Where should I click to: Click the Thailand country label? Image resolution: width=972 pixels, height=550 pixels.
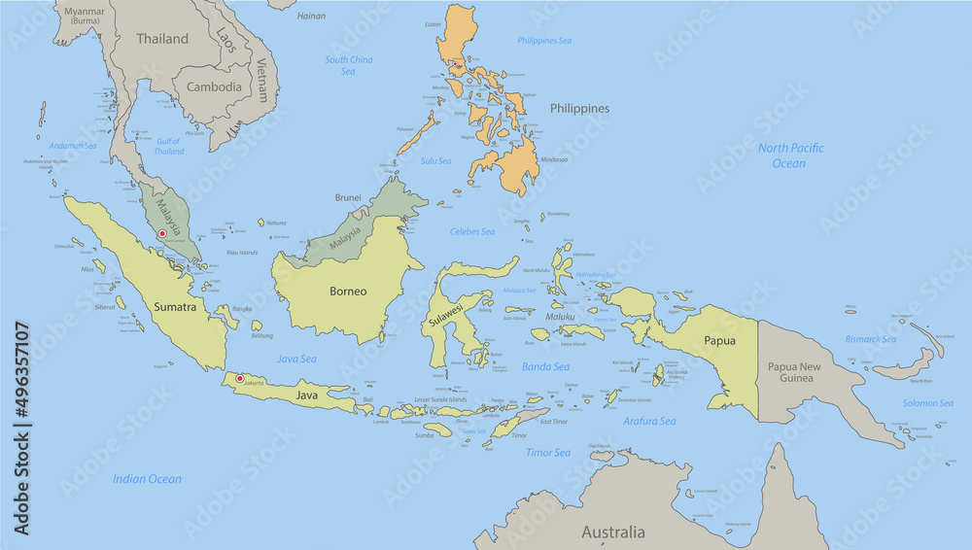(x=162, y=39)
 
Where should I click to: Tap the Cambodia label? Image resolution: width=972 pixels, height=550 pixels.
(x=214, y=86)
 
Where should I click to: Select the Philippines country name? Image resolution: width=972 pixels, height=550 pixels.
(x=579, y=109)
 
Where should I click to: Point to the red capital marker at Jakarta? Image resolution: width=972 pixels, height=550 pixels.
(x=240, y=378)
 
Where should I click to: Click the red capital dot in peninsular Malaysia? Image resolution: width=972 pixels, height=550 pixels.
(x=162, y=233)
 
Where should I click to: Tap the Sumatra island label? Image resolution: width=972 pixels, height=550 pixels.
(x=175, y=307)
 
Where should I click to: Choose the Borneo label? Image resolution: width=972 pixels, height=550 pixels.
(x=347, y=291)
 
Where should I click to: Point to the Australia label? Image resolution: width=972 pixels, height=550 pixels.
(x=612, y=533)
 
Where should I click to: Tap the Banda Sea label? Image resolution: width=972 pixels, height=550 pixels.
(x=545, y=367)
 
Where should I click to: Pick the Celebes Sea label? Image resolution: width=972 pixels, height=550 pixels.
(x=472, y=231)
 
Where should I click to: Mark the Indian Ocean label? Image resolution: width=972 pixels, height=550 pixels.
(x=147, y=479)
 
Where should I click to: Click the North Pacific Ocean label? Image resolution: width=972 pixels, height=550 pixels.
(x=790, y=155)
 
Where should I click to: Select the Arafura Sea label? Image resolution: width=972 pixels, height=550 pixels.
(x=649, y=422)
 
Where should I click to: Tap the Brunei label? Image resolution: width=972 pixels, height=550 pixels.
(x=349, y=197)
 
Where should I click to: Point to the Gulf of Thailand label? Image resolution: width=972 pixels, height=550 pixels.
(x=169, y=147)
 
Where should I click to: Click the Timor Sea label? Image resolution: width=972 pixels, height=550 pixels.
(x=548, y=453)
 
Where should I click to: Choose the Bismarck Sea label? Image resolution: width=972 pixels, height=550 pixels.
(x=870, y=339)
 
